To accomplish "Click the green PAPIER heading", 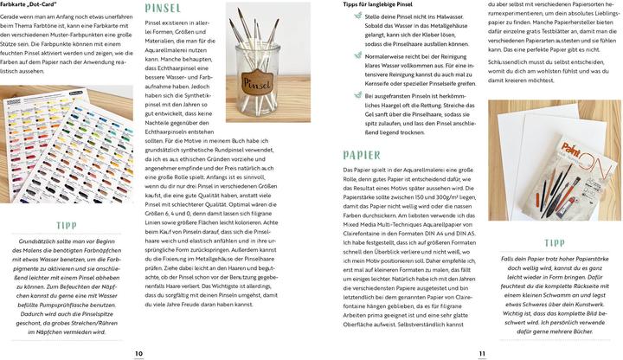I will tap(361, 156).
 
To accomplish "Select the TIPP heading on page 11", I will tap(555, 243).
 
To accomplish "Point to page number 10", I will tap(138, 353).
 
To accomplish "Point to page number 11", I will tap(483, 353).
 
